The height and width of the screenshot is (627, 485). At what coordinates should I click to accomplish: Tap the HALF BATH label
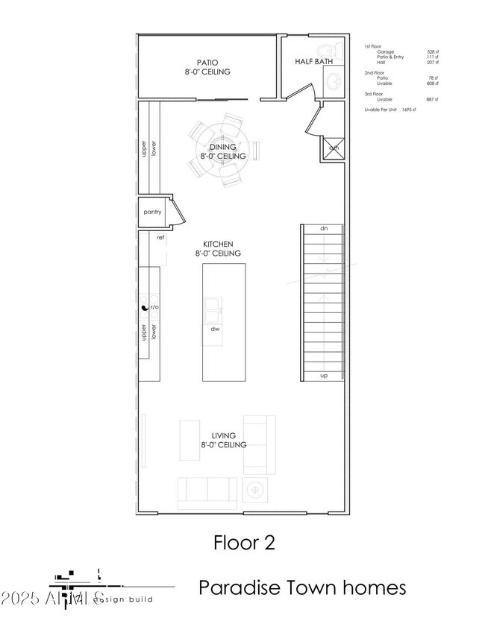click(313, 62)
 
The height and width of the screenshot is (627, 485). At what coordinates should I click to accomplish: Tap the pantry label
click(152, 212)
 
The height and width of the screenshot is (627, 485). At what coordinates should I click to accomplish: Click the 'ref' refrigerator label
click(160, 237)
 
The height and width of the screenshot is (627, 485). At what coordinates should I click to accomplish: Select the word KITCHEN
click(219, 244)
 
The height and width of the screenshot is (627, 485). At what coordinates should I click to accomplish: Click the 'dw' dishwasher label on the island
click(214, 328)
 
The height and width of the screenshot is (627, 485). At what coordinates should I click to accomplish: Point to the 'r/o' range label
click(155, 307)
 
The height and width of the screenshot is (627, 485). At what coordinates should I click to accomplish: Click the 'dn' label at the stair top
click(324, 228)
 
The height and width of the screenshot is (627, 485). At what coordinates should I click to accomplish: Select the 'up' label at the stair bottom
click(324, 375)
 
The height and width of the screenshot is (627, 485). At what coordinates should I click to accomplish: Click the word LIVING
click(223, 435)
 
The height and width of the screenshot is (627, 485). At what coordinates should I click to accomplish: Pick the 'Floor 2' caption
click(244, 542)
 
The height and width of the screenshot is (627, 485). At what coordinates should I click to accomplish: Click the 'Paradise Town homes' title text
click(302, 587)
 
